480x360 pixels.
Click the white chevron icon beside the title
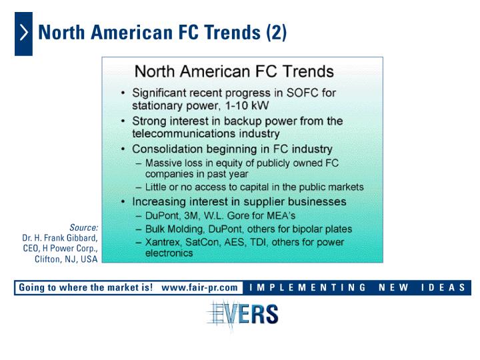[24, 33]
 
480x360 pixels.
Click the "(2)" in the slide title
[276, 33]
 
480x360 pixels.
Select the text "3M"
[191, 215]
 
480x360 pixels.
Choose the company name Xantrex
[163, 242]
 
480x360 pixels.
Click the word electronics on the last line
[169, 253]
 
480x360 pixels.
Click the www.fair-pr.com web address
[199, 287]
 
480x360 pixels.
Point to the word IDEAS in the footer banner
[443, 287]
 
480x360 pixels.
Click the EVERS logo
[243, 314]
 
